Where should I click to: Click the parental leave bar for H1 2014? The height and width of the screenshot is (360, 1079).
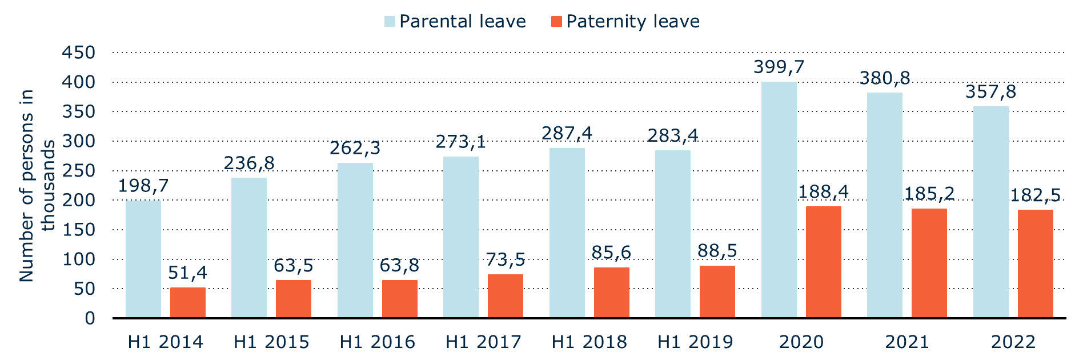(x=143, y=259)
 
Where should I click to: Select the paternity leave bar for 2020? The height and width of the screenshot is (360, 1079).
(x=823, y=262)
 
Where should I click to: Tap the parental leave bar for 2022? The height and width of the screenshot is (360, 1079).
(x=990, y=211)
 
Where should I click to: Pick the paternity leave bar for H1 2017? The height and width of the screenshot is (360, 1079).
(x=505, y=295)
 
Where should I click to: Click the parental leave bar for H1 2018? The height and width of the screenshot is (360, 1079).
(x=567, y=233)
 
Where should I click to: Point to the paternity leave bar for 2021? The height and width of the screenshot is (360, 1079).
(x=929, y=263)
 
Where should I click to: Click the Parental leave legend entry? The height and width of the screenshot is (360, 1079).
(x=455, y=22)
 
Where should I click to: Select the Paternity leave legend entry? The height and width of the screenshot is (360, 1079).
(x=625, y=22)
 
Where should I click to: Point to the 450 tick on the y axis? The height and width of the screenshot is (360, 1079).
(x=78, y=53)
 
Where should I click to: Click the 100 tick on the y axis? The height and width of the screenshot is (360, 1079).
(x=78, y=259)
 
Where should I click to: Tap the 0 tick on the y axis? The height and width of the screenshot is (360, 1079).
(x=90, y=318)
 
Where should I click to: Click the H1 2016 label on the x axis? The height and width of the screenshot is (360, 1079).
(x=377, y=342)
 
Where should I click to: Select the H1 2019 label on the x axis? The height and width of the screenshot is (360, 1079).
(x=695, y=342)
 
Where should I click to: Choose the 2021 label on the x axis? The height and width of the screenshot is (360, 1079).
(x=906, y=342)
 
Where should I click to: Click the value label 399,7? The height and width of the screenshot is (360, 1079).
(x=779, y=67)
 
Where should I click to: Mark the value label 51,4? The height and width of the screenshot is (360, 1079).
(x=187, y=273)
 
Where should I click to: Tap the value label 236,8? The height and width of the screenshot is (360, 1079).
(x=249, y=163)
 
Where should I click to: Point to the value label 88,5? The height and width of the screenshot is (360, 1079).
(x=717, y=251)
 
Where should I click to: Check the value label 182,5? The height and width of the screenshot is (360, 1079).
(x=1035, y=195)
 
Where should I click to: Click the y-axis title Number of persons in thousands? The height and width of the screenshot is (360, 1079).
(x=37, y=185)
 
